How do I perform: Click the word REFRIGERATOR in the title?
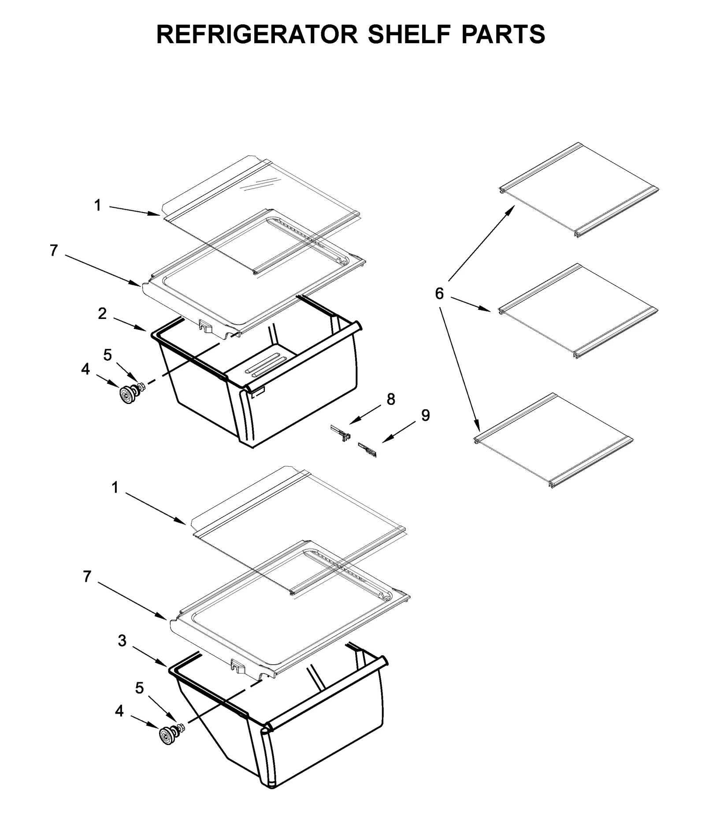coord(257,34)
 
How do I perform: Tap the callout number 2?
coord(102,314)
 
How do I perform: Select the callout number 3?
coord(122,640)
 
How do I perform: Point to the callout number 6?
coord(439,293)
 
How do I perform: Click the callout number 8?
coord(391,399)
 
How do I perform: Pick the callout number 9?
coord(425,415)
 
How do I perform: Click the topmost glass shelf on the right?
coord(579,190)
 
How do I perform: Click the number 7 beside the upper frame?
coord(53,250)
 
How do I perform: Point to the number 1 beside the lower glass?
coord(115,487)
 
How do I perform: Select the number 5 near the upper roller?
coord(108,355)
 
